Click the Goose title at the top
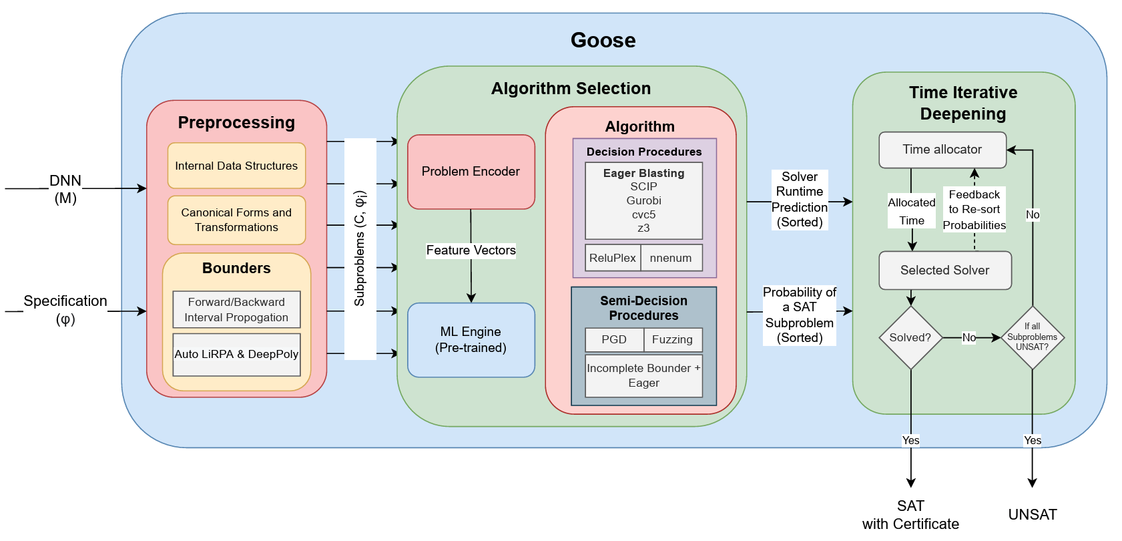point(603,40)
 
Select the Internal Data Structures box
point(236,166)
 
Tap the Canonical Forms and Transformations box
point(236,220)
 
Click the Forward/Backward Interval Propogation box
point(236,310)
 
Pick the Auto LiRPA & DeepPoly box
point(236,354)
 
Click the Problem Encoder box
point(471,172)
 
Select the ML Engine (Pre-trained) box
point(471,339)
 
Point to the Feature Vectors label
point(471,250)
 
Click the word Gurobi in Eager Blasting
point(643,200)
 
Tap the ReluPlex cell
point(613,258)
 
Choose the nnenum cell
point(671,258)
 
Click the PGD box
point(614,339)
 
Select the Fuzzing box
point(672,339)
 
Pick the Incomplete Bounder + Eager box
point(643,375)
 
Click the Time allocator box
point(942,150)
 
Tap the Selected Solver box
point(944,270)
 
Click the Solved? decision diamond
point(910,337)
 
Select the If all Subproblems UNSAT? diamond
point(1032,337)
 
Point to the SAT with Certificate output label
point(910,515)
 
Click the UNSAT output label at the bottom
point(1032,514)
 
